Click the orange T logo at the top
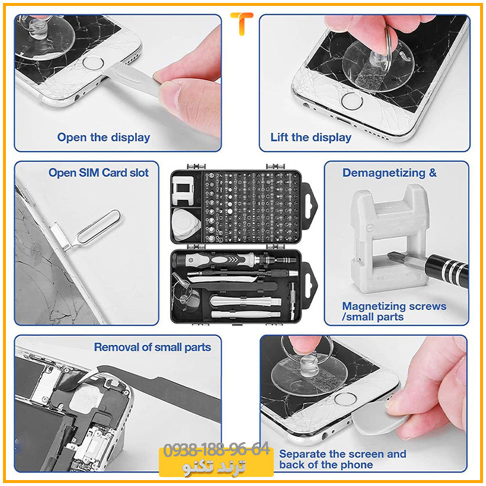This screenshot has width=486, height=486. (x=241, y=23)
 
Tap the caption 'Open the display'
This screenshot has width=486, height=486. (x=104, y=138)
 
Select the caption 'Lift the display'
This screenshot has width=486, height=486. (x=311, y=138)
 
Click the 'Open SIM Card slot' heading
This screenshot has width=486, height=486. (x=98, y=172)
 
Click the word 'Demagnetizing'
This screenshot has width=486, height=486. (x=384, y=173)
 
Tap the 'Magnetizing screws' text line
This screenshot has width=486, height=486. (x=394, y=306)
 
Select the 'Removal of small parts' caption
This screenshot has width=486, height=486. (x=152, y=347)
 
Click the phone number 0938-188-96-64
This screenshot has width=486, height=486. (x=216, y=450)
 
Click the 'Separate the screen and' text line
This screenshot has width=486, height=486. (x=343, y=454)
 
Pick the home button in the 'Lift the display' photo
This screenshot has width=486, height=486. (x=351, y=101)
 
